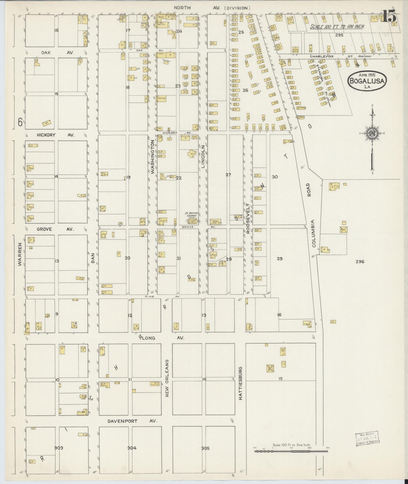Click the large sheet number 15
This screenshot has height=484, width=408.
pyautogui.click(x=389, y=17)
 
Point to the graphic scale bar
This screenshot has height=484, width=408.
pyautogui.click(x=291, y=451)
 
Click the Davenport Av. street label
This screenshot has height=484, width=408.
pyautogui.click(x=132, y=421)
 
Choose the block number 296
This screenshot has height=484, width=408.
pyautogui.click(x=360, y=262)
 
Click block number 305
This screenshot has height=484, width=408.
pyautogui.click(x=205, y=448)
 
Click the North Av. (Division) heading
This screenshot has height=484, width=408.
pyautogui.click(x=212, y=8)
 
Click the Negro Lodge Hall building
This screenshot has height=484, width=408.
pyautogui.click(x=215, y=222)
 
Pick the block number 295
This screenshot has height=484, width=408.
pyautogui.click(x=339, y=35)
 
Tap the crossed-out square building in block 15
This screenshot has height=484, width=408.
pyautogui.click(x=270, y=368)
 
